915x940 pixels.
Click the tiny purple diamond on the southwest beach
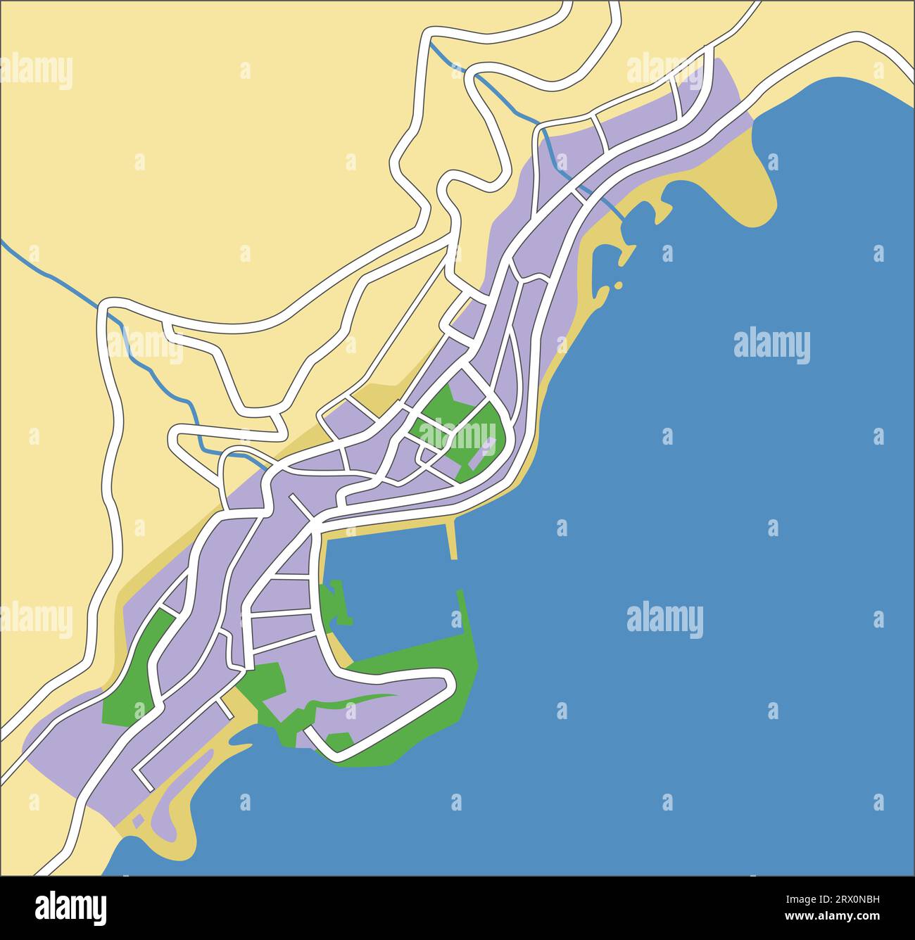(x=138, y=820)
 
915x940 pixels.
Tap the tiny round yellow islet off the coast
(x=618, y=285)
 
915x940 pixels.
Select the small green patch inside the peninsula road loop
(x=339, y=741)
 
